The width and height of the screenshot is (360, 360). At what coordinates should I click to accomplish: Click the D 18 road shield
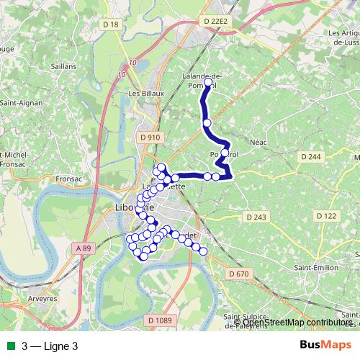tap(110, 24)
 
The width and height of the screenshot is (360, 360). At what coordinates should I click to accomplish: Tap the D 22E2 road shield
tap(215, 22)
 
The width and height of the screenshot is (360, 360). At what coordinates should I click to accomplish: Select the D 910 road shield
tap(150, 137)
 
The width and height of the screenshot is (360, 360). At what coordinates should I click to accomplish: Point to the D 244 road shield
tap(311, 156)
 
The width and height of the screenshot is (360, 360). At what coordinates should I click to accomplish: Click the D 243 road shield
tap(256, 217)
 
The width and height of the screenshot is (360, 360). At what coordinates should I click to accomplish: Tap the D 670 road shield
tap(238, 274)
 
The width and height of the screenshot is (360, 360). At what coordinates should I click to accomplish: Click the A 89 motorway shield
tap(84, 248)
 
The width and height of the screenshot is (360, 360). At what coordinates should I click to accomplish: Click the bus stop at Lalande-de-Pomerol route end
tap(209, 83)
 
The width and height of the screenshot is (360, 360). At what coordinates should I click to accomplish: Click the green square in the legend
tap(9, 346)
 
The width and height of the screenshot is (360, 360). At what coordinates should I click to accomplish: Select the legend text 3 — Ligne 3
tap(50, 346)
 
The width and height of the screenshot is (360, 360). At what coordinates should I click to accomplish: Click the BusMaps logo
tap(322, 345)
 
